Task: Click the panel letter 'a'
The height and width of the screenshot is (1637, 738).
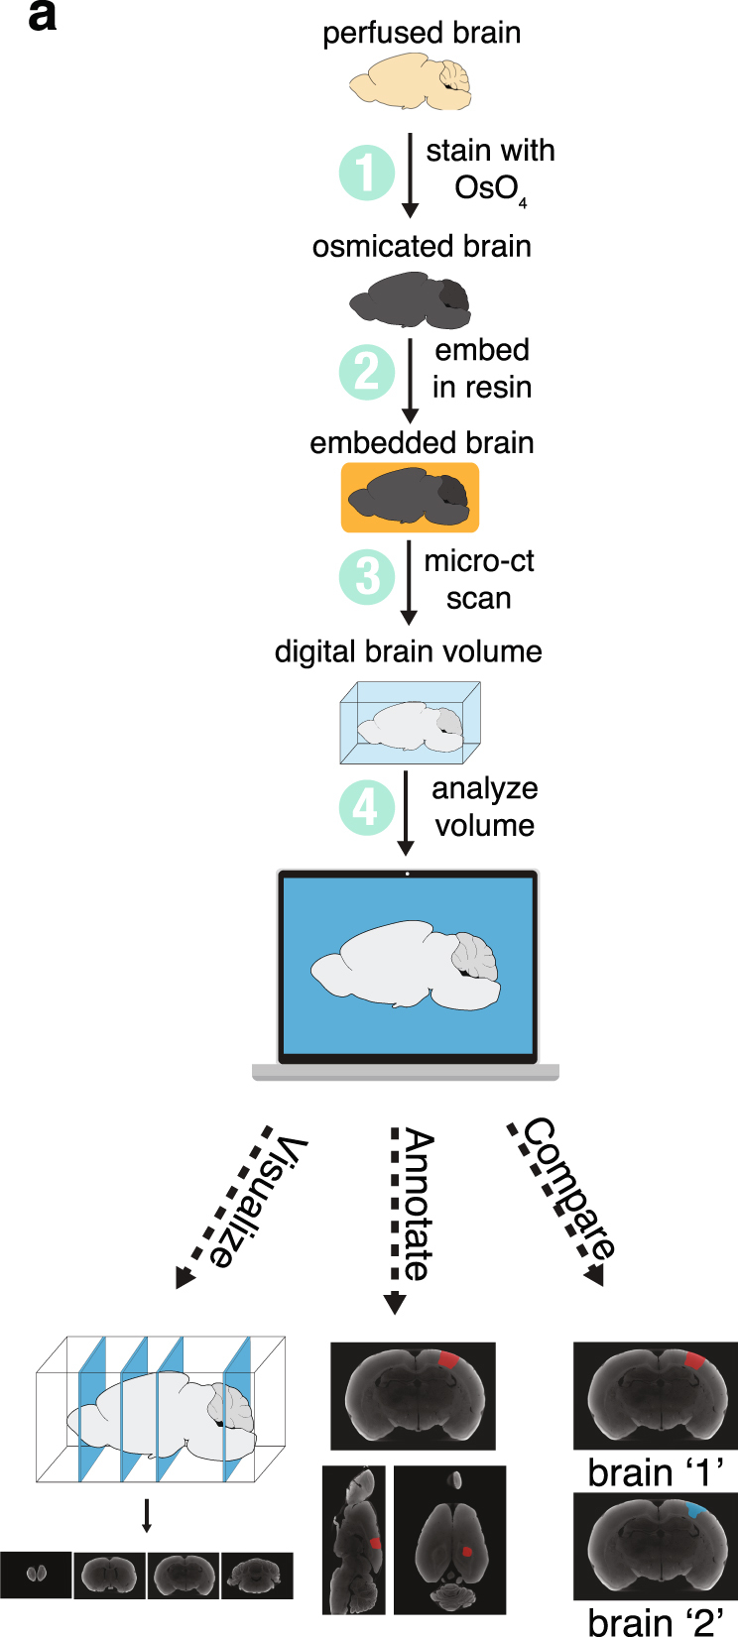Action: pyautogui.click(x=42, y=17)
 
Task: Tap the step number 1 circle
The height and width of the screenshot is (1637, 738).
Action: pyautogui.click(x=367, y=173)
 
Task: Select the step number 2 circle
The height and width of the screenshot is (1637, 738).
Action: pyautogui.click(x=367, y=372)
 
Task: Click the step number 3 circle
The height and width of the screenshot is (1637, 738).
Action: pyautogui.click(x=367, y=576)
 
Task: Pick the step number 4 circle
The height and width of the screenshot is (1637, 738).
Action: pyautogui.click(x=367, y=807)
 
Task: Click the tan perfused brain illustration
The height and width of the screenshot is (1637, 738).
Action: pyautogui.click(x=410, y=81)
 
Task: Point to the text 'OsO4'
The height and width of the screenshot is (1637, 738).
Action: pyautogui.click(x=488, y=188)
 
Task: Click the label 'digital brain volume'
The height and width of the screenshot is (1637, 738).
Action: pyautogui.click(x=408, y=651)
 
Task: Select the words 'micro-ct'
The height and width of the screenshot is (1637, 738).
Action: pyautogui.click(x=479, y=561)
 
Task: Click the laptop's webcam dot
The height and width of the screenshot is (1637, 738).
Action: pyautogui.click(x=408, y=875)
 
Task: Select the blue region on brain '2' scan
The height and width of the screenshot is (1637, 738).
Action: pyautogui.click(x=697, y=1511)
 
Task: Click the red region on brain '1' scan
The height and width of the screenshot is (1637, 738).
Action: pyautogui.click(x=694, y=1360)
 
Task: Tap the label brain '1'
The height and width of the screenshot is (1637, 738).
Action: pyautogui.click(x=655, y=1472)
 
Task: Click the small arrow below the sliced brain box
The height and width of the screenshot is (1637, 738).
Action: pyautogui.click(x=147, y=1514)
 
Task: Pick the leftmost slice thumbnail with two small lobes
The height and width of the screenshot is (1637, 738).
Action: pyautogui.click(x=36, y=1574)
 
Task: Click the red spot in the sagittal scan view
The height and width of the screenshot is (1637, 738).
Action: pyautogui.click(x=374, y=1543)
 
